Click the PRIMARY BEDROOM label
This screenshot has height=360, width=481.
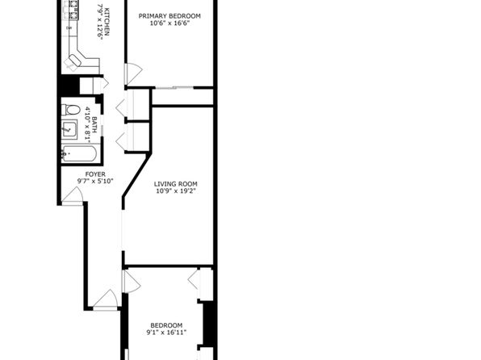pyautogui.click(x=169, y=16)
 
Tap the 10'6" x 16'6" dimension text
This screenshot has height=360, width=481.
pyautogui.click(x=169, y=23)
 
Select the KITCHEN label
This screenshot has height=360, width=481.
pyautogui.click(x=107, y=22)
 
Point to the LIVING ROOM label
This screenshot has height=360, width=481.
pyautogui.click(x=175, y=184)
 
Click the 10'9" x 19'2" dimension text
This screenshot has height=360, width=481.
pyautogui.click(x=175, y=191)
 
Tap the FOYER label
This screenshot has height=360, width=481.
pyautogui.click(x=95, y=174)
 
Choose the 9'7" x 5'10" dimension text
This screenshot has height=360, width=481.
pyautogui.click(x=95, y=182)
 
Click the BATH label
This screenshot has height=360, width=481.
pyautogui.click(x=94, y=124)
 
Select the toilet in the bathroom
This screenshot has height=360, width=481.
pyautogui.click(x=70, y=110)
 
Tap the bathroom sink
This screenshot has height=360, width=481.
pyautogui.click(x=69, y=129)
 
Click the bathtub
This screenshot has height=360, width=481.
pyautogui.click(x=79, y=153)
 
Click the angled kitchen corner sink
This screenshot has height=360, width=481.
pyautogui.click(x=74, y=61)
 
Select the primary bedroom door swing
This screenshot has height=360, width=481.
pyautogui.click(x=133, y=74)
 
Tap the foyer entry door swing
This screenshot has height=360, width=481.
pyautogui.click(x=73, y=196)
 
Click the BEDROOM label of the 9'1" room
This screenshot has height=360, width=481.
pyautogui.click(x=166, y=325)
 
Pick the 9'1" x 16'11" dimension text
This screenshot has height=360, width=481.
pyautogui.click(x=166, y=333)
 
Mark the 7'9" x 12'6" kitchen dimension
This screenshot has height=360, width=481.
pyautogui.click(x=99, y=22)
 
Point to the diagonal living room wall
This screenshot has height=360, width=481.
pyautogui.click(x=137, y=174)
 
